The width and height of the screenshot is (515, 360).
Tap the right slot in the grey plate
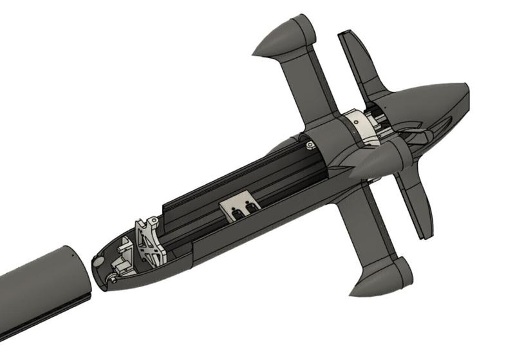click(x=250, y=205)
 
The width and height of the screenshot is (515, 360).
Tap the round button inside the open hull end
click(x=98, y=261)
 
